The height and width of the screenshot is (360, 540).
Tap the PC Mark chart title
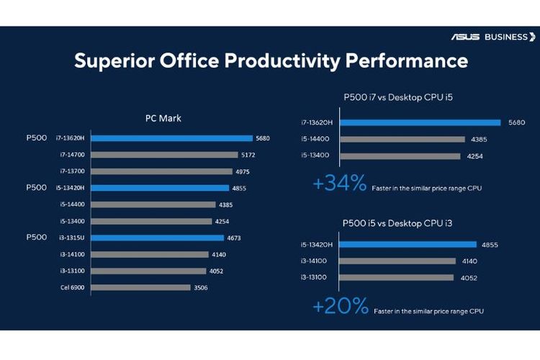tap(163, 119)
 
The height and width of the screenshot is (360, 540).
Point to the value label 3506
tap(202, 287)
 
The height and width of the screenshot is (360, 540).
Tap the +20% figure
tap(340, 307)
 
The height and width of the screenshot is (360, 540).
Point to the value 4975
tap(243, 171)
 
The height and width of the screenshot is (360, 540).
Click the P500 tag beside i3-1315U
tap(36, 237)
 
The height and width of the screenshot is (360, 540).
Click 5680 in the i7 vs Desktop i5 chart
tap(516, 122)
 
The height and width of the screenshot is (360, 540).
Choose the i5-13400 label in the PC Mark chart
tap(73, 221)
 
